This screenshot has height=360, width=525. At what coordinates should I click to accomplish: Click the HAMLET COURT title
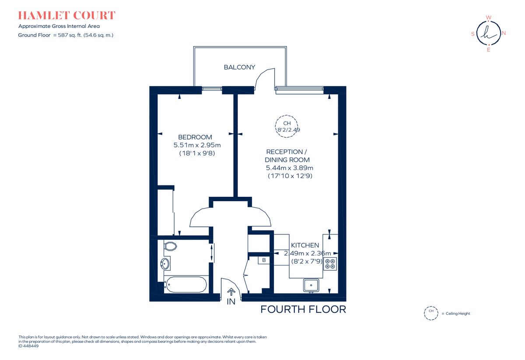(x=66, y=16)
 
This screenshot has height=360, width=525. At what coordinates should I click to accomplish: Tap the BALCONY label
(x=239, y=67)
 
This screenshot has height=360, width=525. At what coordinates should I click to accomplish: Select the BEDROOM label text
(x=195, y=137)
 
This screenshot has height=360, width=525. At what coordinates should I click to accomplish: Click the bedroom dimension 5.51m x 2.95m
(x=197, y=145)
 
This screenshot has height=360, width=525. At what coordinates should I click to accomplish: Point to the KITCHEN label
(x=305, y=245)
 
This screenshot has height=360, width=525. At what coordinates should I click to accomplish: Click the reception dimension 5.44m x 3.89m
(x=290, y=168)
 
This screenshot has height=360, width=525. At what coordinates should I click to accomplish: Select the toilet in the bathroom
(x=170, y=246)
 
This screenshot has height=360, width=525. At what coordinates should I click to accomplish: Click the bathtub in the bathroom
(x=185, y=285)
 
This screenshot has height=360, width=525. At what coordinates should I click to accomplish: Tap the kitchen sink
(x=311, y=285)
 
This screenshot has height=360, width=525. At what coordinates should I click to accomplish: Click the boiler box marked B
(x=264, y=260)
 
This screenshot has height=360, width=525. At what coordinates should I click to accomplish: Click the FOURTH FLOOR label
(x=303, y=309)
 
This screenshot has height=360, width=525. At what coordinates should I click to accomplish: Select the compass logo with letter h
(x=488, y=33)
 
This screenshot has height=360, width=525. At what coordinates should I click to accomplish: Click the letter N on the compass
(x=504, y=33)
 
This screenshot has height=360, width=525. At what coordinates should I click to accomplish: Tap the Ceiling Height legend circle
(x=431, y=313)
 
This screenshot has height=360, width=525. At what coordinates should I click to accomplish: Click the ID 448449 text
(x=29, y=346)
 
